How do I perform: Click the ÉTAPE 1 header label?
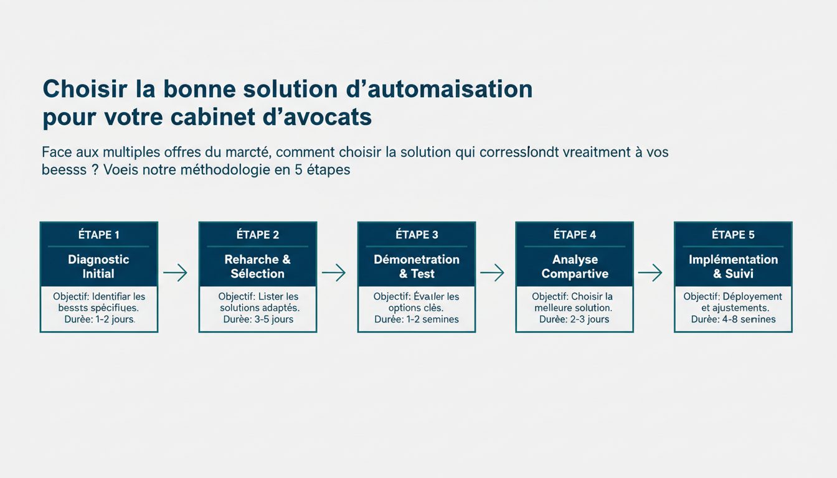pyautogui.click(x=98, y=235)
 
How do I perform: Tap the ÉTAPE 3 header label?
pyautogui.click(x=417, y=235)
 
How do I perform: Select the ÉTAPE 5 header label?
pyautogui.click(x=733, y=235)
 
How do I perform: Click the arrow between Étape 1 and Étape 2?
pyautogui.click(x=175, y=273)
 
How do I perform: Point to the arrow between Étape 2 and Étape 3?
pyautogui.click(x=333, y=272)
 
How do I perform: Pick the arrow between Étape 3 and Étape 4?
pyautogui.click(x=492, y=272)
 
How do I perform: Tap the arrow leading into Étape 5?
pyautogui.click(x=650, y=272)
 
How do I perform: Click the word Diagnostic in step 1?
pyautogui.click(x=98, y=260)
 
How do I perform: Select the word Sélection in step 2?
pyautogui.click(x=257, y=274)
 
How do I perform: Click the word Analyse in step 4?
pyautogui.click(x=575, y=260)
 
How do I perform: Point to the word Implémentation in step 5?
pyautogui.click(x=733, y=260)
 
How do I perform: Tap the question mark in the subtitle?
pyautogui.click(x=95, y=169)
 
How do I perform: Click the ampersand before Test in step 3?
pyautogui.click(x=404, y=274)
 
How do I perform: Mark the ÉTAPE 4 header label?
pyautogui.click(x=575, y=235)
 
